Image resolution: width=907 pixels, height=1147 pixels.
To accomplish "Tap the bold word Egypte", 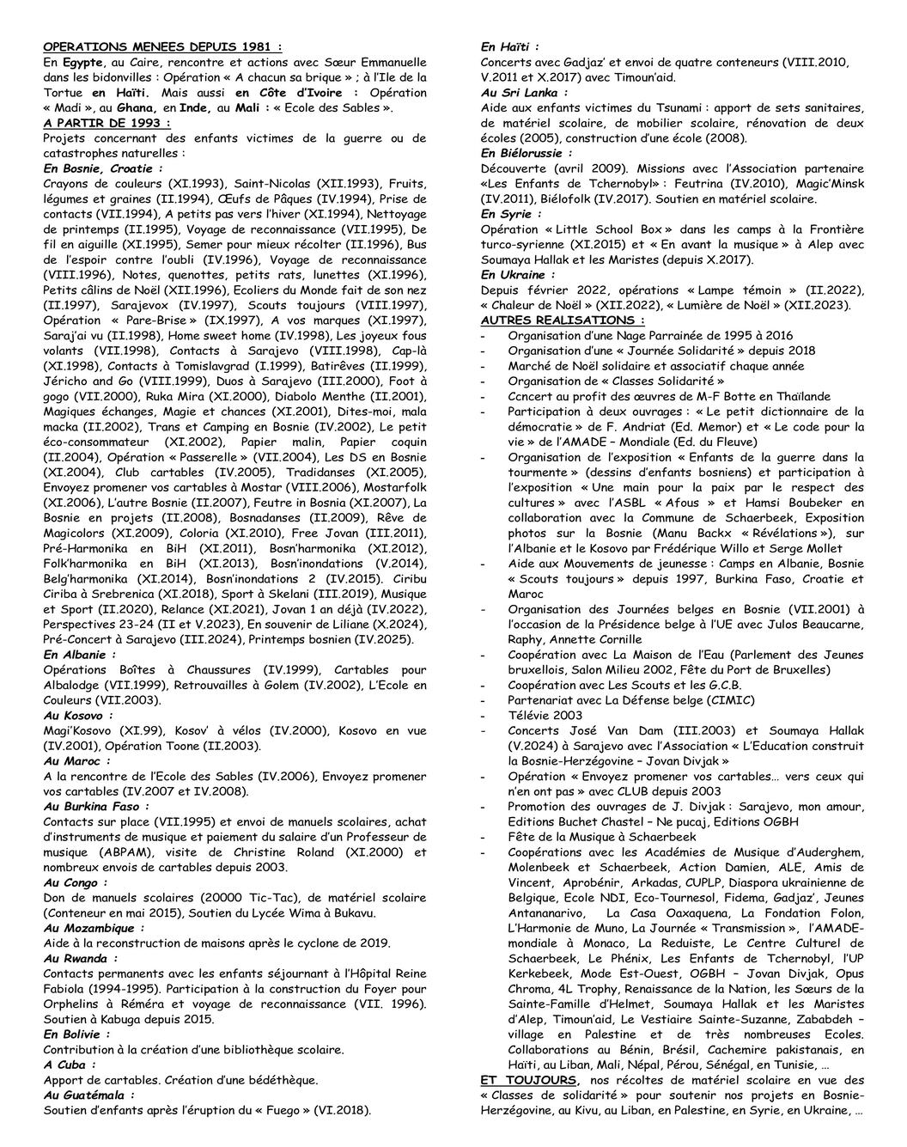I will coord(83,62).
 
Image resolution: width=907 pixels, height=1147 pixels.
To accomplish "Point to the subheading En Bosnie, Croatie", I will coord(102,168).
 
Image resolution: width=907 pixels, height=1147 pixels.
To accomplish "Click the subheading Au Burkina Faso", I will coord(96,807).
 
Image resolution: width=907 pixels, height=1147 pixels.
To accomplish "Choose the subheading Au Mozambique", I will coord(93,928).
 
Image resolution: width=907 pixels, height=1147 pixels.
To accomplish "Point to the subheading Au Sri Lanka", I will coord(524,92).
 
